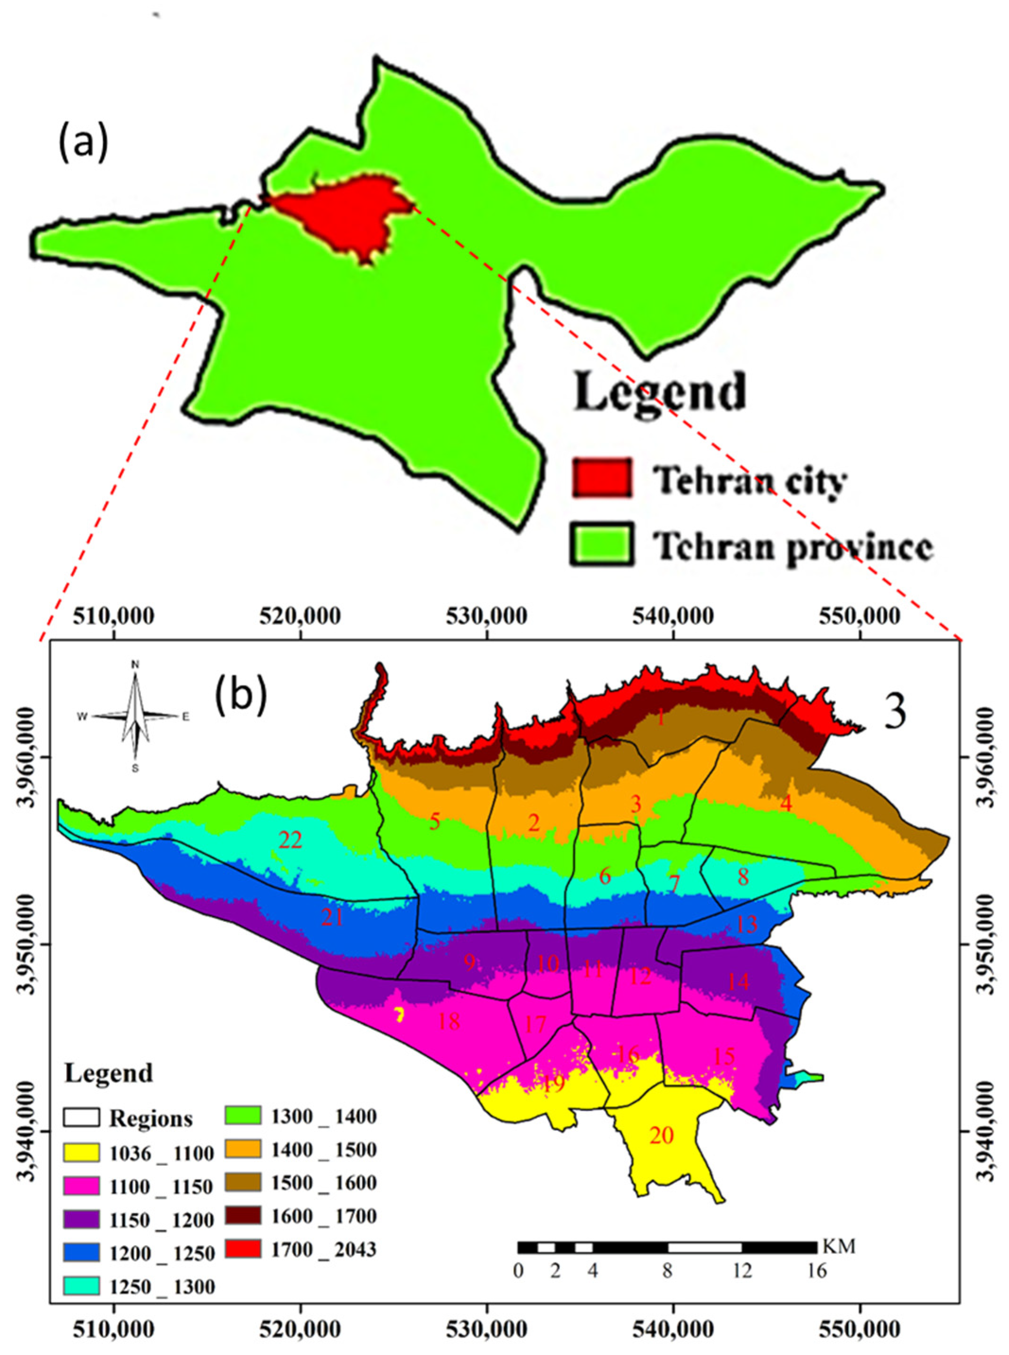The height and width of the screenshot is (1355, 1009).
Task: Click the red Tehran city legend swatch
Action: click(x=602, y=477)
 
